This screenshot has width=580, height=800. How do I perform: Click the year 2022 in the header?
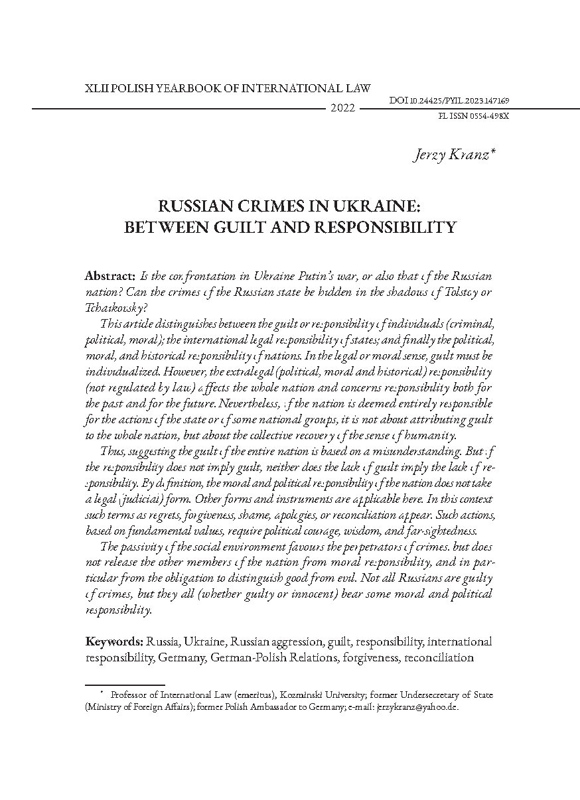pyautogui.click(x=342, y=108)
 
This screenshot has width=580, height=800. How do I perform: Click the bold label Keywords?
pyautogui.click(x=115, y=642)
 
